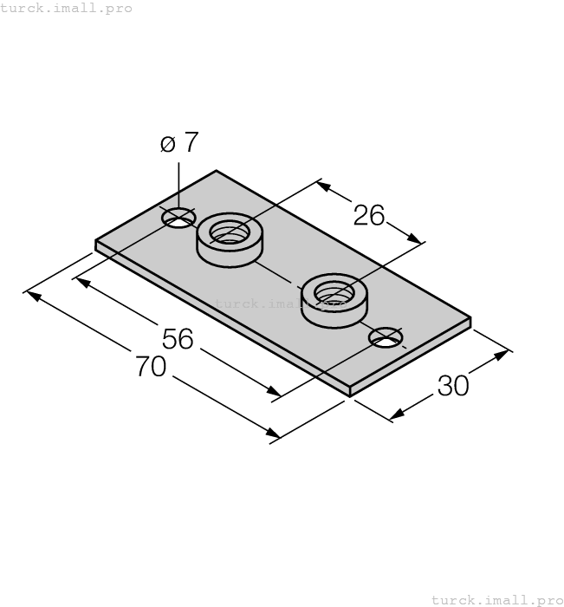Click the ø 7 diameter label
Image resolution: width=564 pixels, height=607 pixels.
click(x=179, y=142)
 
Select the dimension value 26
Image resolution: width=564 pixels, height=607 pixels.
click(x=369, y=215)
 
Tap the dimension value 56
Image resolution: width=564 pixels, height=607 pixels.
click(x=178, y=339)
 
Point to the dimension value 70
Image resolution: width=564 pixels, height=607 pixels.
click(x=151, y=368)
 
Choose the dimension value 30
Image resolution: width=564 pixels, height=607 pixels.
click(x=453, y=386)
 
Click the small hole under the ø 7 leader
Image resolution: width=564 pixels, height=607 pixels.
click(x=178, y=218)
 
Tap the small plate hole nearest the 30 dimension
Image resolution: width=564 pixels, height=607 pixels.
click(x=386, y=337)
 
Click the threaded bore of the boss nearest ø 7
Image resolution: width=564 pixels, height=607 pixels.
click(x=229, y=232)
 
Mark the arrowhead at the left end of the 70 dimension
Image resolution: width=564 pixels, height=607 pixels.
click(x=31, y=294)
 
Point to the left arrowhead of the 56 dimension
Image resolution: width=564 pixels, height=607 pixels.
click(x=80, y=280)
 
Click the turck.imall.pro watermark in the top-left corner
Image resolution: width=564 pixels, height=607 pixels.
click(x=67, y=8)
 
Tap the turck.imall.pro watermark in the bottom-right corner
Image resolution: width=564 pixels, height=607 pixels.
click(x=496, y=599)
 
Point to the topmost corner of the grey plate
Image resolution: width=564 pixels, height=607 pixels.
click(x=216, y=172)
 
